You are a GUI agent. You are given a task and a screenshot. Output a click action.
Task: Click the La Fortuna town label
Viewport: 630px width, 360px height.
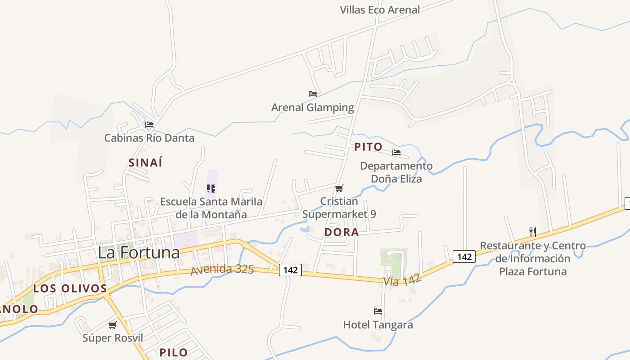(139, 252)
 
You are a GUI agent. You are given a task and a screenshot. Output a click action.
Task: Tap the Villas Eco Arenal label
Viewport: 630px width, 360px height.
(380, 10)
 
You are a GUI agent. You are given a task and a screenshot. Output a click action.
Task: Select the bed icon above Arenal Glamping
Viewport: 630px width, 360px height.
(313, 94)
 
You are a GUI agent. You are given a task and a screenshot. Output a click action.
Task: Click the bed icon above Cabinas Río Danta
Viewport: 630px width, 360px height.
(149, 124)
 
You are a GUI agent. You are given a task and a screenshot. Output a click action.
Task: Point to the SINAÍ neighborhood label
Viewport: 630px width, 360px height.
(145, 163)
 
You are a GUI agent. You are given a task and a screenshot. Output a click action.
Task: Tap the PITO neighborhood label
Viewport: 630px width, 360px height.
(368, 147)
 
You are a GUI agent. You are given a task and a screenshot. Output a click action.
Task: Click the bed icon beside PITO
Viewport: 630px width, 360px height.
(396, 153)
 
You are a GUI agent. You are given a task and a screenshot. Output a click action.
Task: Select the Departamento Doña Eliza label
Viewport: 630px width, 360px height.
(396, 172)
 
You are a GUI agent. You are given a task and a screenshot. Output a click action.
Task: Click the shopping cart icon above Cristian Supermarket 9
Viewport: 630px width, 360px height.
(339, 188)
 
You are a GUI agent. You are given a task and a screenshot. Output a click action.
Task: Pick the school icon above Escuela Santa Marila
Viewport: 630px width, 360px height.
(211, 188)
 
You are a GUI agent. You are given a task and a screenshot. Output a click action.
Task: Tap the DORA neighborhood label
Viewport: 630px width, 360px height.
(342, 232)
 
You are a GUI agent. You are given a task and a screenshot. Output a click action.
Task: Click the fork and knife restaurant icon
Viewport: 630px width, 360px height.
(533, 232)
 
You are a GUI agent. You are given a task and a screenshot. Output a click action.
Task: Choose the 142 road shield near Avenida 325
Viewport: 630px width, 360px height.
(290, 270)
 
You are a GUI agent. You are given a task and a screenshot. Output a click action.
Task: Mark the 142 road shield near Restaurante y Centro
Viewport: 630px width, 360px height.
(464, 256)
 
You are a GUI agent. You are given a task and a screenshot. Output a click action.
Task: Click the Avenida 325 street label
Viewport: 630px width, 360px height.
(222, 270)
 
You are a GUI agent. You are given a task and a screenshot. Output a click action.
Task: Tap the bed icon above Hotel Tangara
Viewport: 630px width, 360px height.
(378, 311)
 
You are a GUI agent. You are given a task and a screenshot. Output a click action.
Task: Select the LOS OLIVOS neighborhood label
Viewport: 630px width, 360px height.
(70, 288)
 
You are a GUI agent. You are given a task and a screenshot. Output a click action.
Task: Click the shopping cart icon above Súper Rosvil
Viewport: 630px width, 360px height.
(112, 325)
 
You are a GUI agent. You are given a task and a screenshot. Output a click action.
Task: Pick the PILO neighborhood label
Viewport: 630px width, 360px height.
(174, 352)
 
